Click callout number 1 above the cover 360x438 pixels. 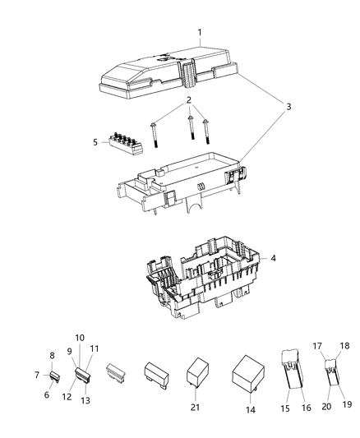199,32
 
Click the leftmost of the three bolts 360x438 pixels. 155,134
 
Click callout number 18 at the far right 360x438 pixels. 344,346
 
